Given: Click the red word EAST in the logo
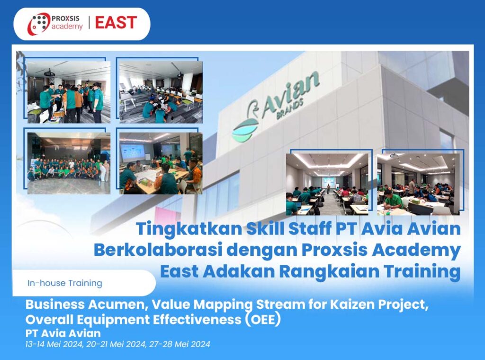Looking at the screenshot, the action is point(116,23).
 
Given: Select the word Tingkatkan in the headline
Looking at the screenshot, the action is point(189,229).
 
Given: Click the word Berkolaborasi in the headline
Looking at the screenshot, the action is point(158,250).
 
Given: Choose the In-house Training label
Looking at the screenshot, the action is point(64,283).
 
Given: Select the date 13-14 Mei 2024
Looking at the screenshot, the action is point(54,344).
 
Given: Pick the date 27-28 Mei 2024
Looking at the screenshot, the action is point(180,344).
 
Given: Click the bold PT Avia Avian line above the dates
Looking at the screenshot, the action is point(63,333).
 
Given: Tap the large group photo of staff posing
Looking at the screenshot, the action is point(69,163).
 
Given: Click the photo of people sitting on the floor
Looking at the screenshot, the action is point(161,92).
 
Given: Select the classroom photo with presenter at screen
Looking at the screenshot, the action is point(327,184).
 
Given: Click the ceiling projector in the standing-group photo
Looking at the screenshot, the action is point(49,73).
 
